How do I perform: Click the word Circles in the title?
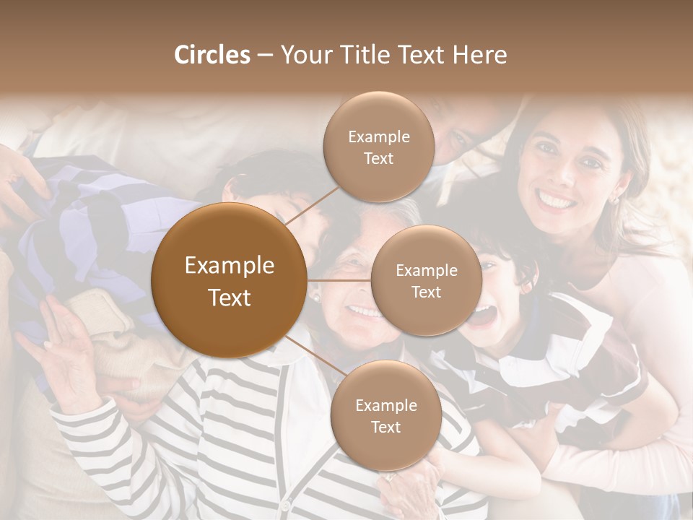[x=212, y=55]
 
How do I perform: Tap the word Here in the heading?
[x=480, y=55]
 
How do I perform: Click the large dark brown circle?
[x=229, y=280]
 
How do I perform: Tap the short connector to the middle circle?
[x=339, y=280]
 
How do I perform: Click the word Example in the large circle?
[x=229, y=266]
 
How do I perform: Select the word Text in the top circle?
[x=378, y=159]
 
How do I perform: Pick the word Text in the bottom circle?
[x=385, y=428]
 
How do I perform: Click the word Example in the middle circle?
[x=426, y=271]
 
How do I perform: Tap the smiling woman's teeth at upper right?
[x=557, y=197]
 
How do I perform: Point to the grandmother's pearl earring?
[x=315, y=296]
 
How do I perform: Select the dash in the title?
[x=265, y=56]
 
